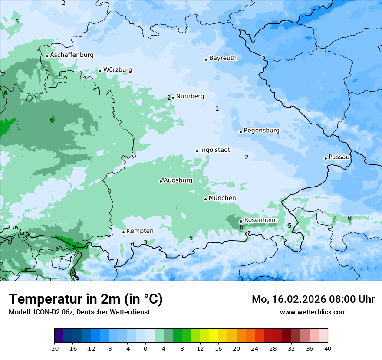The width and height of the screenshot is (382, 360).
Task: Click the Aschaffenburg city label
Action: coord(72,55)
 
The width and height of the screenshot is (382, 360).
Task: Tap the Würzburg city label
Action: coord(118,70)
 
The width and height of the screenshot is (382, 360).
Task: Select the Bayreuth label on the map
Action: coord(223,58)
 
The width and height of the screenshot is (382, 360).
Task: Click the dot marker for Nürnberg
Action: coord(173,98)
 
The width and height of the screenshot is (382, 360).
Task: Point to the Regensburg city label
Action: coord(261,131)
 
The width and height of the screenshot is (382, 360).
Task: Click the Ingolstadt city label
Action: coord(215,150)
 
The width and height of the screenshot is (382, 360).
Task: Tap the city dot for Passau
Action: coord(326,158)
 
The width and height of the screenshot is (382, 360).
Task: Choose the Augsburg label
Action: coord(178,180)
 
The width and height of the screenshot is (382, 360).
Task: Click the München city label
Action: coord(222,198)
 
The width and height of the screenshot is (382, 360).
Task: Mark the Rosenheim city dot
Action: coord(241,221)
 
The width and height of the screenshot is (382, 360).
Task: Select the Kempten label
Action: coord(140,231)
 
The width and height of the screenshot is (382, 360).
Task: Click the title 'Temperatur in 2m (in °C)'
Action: coord(86,299)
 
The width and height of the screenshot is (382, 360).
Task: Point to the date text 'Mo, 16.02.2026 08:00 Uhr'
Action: coord(313,299)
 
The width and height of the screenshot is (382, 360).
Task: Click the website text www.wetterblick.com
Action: coord(313,312)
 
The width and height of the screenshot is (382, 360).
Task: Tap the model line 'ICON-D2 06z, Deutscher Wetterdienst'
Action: coord(79,312)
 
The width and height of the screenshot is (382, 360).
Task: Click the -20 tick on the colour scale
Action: coord(54,348)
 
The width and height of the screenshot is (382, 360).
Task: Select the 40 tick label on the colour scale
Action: coord(327,348)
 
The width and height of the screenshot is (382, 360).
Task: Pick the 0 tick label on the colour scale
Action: coord(145,348)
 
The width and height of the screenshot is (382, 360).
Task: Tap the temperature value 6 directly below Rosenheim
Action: coord(241,227)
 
